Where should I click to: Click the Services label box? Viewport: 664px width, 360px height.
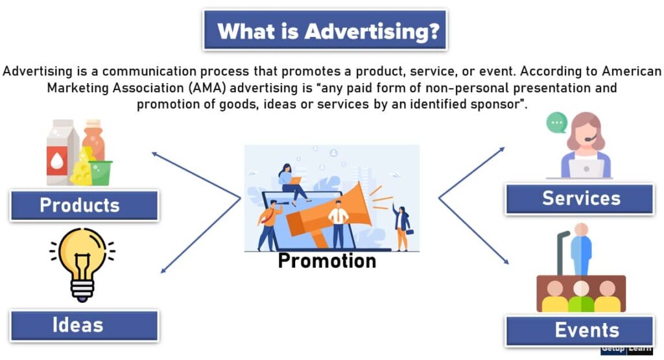[x=580, y=198]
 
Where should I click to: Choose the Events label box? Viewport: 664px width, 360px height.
[x=580, y=330]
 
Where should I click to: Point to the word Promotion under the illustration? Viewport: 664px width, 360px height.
[x=327, y=261]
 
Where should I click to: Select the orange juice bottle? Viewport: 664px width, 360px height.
[x=93, y=139]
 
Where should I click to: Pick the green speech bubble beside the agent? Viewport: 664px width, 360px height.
[x=556, y=122]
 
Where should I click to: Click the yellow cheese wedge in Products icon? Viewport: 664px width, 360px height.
[x=82, y=170]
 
